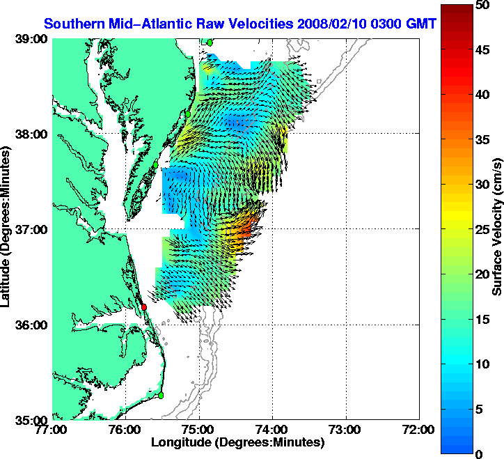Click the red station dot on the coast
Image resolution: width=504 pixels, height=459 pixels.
point(144,307)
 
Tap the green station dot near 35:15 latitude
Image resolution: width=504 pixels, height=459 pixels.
point(161,395)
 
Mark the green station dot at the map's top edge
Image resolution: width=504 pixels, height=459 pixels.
point(209,42)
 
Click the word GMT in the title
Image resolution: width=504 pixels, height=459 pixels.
point(421,24)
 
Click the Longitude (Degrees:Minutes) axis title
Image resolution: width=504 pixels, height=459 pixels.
point(237,442)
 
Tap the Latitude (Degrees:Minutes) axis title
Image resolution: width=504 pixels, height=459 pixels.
point(6,230)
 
